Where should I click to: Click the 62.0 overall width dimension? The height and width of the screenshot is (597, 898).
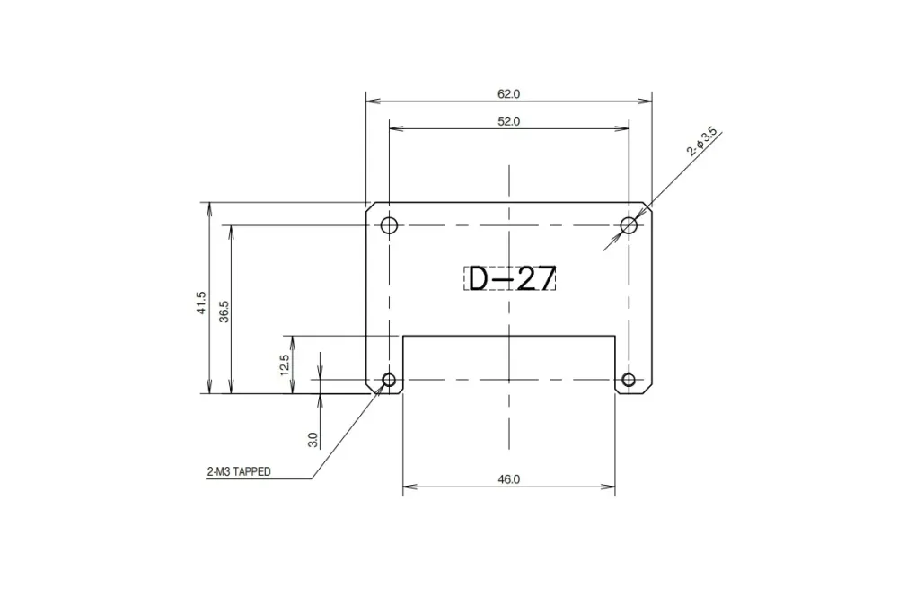tap(508, 92)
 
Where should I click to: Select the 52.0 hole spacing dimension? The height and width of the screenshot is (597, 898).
tap(508, 121)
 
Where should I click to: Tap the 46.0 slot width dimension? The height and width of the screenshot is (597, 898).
tap(508, 479)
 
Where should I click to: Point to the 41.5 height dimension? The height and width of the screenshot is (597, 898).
tap(202, 303)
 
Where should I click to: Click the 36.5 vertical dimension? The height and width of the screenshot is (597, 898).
tap(224, 310)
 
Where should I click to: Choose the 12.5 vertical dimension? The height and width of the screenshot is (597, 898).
tap(284, 364)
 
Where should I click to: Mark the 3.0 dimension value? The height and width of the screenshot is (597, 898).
tap(313, 439)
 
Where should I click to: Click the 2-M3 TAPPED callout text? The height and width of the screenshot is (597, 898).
tap(239, 471)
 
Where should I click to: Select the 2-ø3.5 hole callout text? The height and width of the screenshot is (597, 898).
tap(702, 143)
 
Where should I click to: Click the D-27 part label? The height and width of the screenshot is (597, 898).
tap(510, 279)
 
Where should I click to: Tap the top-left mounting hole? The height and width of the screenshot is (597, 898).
tap(389, 225)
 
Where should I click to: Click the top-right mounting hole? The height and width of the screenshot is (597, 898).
tap(629, 225)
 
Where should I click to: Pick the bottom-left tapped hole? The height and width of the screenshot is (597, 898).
tap(389, 380)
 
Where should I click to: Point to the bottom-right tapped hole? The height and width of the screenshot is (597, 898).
tap(629, 380)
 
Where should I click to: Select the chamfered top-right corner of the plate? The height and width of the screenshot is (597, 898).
tap(647, 206)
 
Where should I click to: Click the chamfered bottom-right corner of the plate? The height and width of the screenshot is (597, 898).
tap(647, 391)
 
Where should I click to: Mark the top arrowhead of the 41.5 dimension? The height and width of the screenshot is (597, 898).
tap(209, 207)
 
